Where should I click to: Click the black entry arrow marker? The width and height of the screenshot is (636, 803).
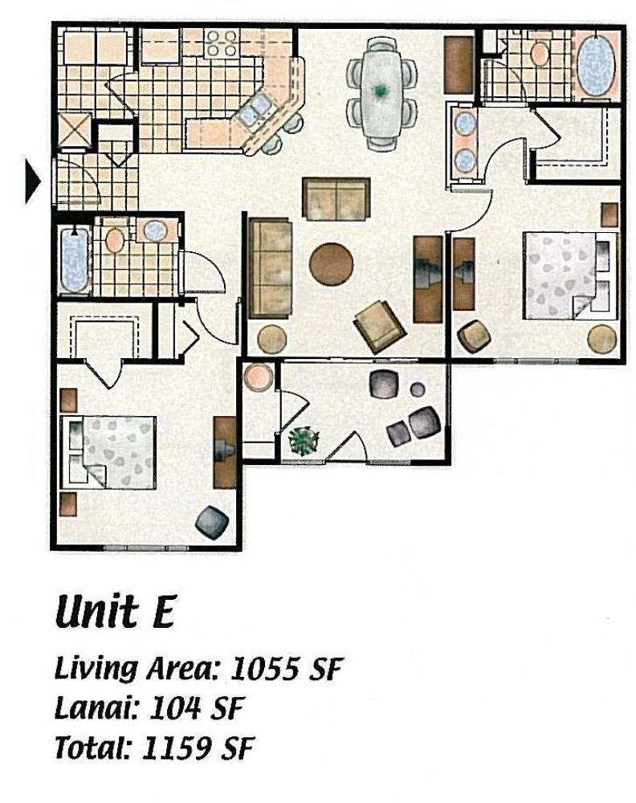pyautogui.click(x=32, y=180)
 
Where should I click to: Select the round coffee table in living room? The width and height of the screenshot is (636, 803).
pyautogui.click(x=331, y=264)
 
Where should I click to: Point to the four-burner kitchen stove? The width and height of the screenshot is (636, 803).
pyautogui.click(x=221, y=43)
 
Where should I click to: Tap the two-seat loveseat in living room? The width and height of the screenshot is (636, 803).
pyautogui.click(x=336, y=198)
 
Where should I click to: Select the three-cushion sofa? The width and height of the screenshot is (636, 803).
pyautogui.click(x=270, y=269)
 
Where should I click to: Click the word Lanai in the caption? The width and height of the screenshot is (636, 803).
pyautogui.click(x=96, y=708)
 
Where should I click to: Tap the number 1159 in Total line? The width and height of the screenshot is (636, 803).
pyautogui.click(x=176, y=748)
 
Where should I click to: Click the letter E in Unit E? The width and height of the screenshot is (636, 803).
pyautogui.click(x=162, y=613)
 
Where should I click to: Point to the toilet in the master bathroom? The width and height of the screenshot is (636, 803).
pyautogui.click(x=539, y=53)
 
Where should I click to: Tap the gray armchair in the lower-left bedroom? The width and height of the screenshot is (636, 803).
pyautogui.click(x=212, y=523)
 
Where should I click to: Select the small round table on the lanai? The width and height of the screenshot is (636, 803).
pyautogui.click(x=418, y=390)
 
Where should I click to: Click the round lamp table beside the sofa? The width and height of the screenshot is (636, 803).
pyautogui.click(x=271, y=339)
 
